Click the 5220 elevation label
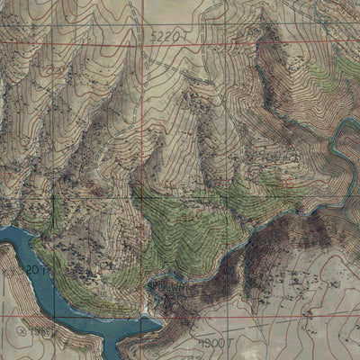pyautogui.click(x=169, y=36)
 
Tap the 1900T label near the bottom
pyautogui.click(x=214, y=343)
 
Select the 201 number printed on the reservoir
pyautogui.click(x=33, y=269)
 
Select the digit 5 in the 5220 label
pyautogui.click(x=155, y=36)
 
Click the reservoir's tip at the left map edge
pyautogui.click(x=4, y=236)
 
